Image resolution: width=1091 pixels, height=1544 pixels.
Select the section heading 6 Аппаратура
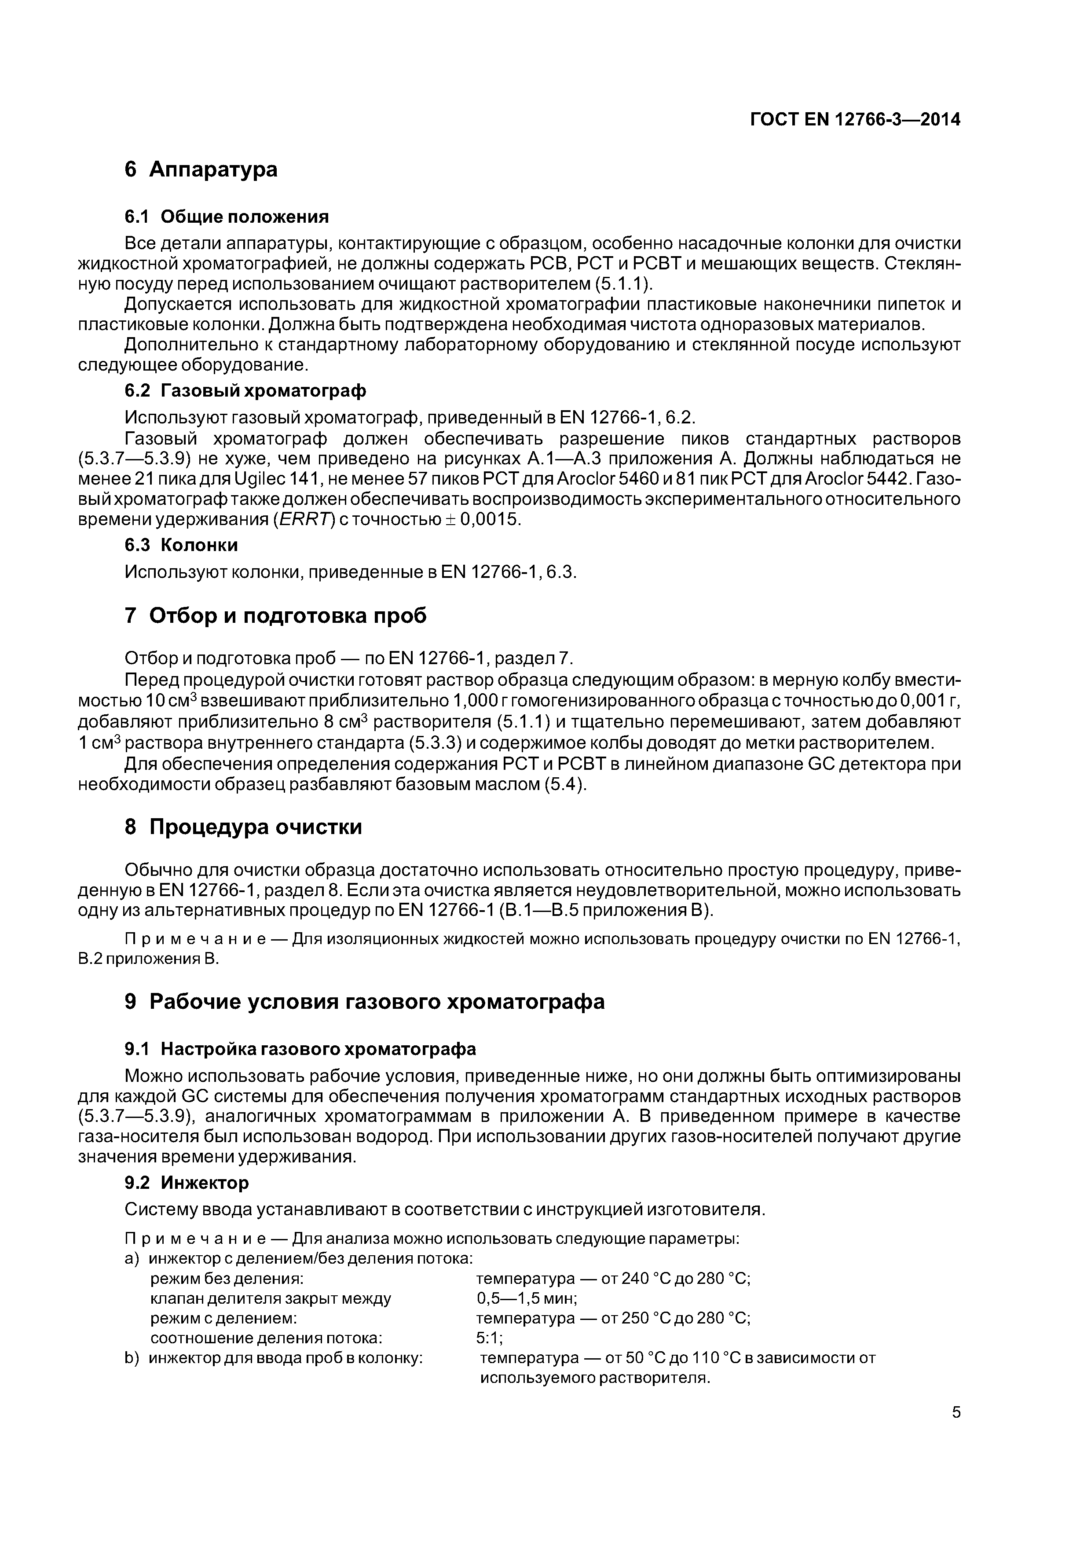coord(201,169)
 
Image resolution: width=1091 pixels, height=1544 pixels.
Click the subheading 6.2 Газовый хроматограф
coord(245,391)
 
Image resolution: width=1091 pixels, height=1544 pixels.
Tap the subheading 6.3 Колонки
coord(182,545)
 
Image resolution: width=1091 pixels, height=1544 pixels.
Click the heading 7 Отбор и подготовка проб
coord(275,615)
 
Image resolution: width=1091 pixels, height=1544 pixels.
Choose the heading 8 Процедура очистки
coord(243,827)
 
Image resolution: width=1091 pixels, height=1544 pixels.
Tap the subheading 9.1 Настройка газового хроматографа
coord(300,1049)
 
